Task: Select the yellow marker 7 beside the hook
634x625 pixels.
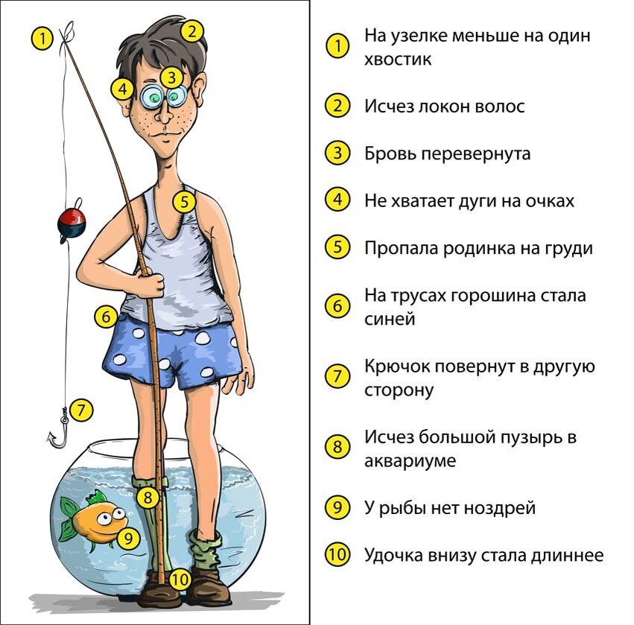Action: click(81, 410)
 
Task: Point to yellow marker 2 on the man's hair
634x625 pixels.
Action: click(192, 31)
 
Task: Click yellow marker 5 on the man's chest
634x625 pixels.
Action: click(185, 201)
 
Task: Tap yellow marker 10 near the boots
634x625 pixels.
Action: click(179, 580)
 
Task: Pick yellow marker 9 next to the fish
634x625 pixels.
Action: click(129, 538)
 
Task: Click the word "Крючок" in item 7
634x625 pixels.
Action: click(397, 367)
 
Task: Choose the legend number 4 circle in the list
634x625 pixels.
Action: click(337, 200)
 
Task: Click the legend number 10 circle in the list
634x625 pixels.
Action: click(337, 554)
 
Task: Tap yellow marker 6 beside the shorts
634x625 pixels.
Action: click(106, 316)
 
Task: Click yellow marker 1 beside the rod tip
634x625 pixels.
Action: click(42, 39)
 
